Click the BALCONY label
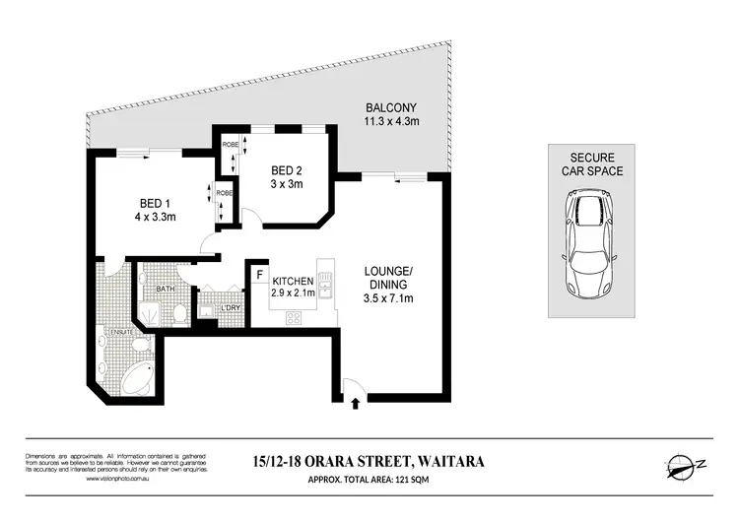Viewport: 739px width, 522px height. [387, 114]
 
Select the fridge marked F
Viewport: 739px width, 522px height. [259, 276]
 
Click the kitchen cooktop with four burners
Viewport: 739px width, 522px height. [294, 318]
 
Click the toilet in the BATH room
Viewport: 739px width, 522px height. [178, 314]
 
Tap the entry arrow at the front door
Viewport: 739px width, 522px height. [355, 401]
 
